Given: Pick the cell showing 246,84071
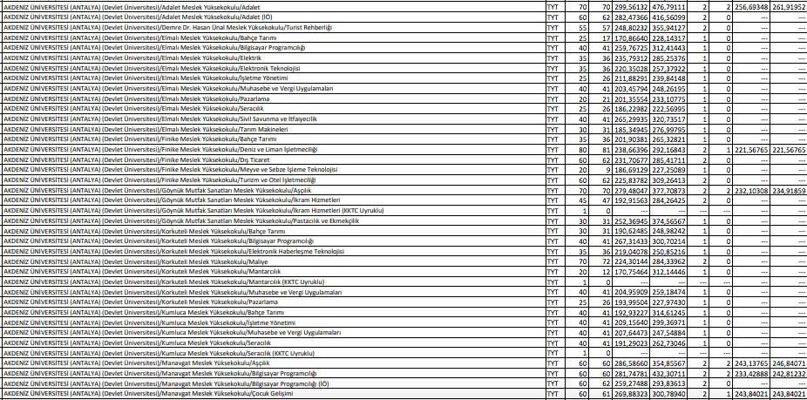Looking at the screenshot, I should (789, 363).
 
